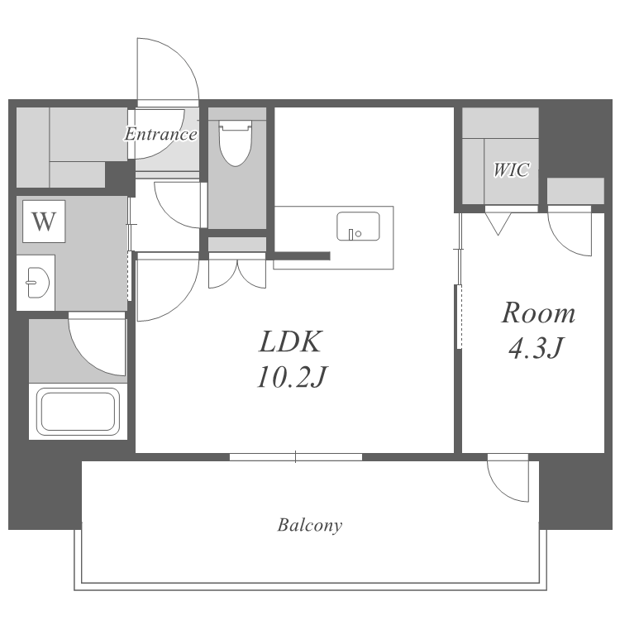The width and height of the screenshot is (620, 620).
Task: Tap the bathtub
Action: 78,411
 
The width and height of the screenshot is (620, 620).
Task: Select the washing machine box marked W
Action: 44,222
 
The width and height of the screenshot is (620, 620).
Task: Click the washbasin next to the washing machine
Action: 37,283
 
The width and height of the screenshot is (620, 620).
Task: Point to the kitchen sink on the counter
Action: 358,227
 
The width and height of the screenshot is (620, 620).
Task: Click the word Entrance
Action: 160,134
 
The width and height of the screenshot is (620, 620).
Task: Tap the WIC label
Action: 511,170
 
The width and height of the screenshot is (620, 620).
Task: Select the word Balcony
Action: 310,525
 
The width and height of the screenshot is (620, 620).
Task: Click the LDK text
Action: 291,341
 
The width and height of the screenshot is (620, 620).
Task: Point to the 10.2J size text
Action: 292,377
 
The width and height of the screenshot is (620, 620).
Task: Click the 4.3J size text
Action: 536,348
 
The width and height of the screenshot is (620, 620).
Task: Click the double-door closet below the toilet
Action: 237,274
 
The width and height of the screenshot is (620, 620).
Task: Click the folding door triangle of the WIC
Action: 498,224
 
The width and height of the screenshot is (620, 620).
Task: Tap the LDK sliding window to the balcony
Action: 296,457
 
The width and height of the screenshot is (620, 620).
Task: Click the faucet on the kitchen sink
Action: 351,235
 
